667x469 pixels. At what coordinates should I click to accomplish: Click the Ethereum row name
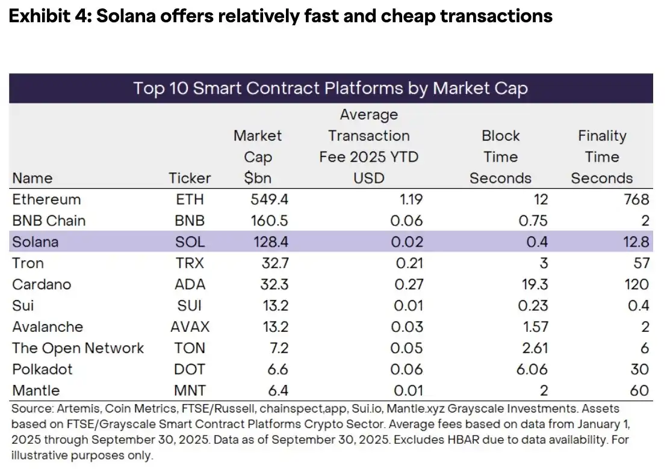[x=46, y=199]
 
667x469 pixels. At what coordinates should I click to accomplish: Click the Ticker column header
[x=190, y=178]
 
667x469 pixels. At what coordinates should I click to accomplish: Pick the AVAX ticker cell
[x=190, y=326]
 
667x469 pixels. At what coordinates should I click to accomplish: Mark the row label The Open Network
[x=78, y=348]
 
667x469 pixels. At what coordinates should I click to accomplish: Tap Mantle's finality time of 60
[x=640, y=390]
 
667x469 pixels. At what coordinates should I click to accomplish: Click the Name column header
[x=32, y=178]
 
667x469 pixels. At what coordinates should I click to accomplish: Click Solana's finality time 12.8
[x=636, y=242]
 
